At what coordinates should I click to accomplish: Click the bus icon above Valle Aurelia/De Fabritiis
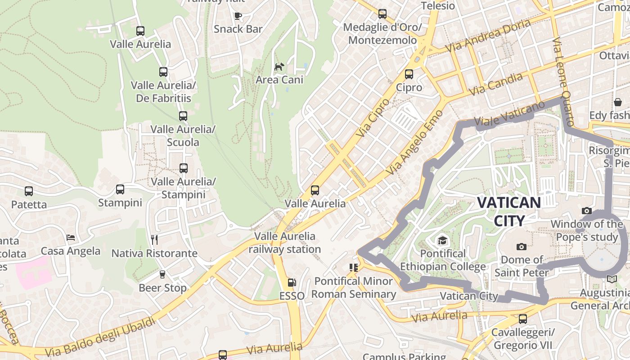163,72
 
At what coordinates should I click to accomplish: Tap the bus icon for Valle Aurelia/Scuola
183,116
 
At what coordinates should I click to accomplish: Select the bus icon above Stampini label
120,189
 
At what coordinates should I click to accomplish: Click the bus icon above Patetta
29,191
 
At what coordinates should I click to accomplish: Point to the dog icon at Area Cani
279,67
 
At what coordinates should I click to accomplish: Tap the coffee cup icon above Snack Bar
238,16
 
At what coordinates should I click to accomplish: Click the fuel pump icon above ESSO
292,283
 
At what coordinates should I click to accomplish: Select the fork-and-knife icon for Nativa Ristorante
154,239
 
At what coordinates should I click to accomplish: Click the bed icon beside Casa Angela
71,237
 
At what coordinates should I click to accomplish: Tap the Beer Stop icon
162,274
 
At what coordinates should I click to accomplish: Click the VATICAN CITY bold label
509,211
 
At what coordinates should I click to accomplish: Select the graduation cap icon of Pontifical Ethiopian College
442,240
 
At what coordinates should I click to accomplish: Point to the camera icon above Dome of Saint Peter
522,247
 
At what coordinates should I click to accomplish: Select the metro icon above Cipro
409,74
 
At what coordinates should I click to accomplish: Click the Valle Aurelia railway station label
285,243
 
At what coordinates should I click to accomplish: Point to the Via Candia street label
495,84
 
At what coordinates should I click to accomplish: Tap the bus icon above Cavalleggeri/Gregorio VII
522,319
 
